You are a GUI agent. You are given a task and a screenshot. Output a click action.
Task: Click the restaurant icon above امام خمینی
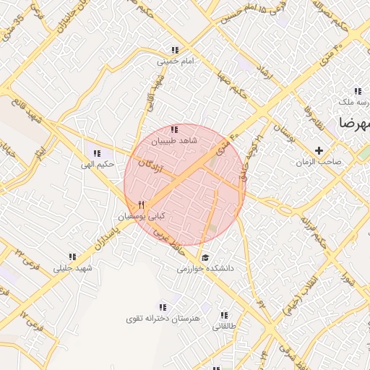174,51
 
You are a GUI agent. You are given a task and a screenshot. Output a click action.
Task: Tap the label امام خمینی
176,62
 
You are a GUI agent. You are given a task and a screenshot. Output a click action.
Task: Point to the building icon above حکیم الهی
97,152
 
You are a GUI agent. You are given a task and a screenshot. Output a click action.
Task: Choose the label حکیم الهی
98,164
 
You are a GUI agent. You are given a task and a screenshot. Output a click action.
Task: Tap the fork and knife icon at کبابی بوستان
142,205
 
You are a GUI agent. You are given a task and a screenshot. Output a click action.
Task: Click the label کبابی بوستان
142,216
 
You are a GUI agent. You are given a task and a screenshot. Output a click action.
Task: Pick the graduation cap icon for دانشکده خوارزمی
205,258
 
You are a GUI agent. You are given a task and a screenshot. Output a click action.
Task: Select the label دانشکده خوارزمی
210,269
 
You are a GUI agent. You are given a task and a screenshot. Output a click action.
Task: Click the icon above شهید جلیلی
72,257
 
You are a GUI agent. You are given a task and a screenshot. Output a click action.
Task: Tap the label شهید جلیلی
73,268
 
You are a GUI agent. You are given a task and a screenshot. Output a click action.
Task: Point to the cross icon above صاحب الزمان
319,150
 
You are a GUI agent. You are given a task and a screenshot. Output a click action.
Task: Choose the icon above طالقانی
224,315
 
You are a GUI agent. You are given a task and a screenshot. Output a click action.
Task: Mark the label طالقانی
224,327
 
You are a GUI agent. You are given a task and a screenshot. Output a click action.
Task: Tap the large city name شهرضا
353,123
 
